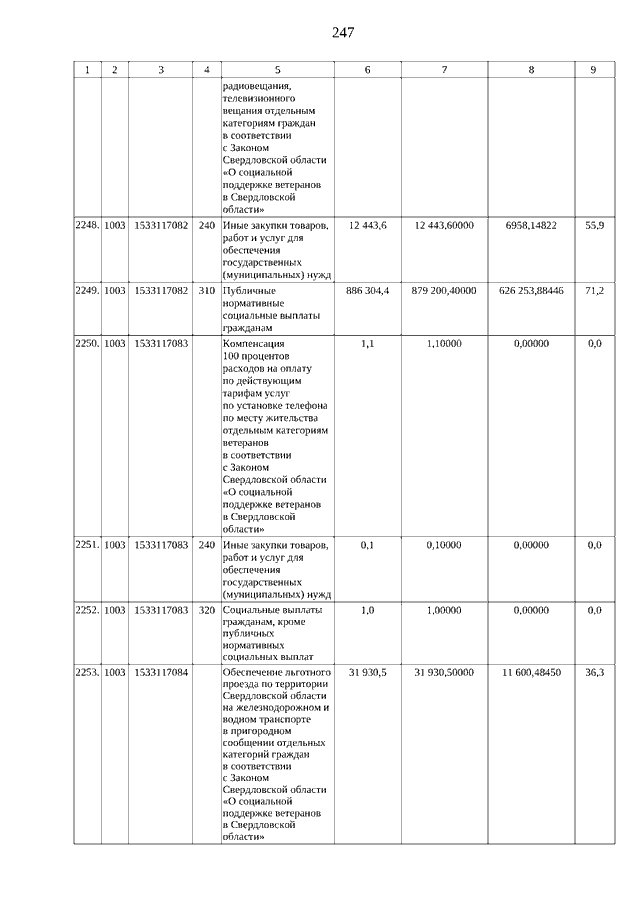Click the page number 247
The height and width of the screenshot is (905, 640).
point(342,33)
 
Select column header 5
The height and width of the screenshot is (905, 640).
point(277,70)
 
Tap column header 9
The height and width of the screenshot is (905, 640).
point(593,70)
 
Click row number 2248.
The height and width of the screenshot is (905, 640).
point(87,227)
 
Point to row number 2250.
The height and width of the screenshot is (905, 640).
point(87,344)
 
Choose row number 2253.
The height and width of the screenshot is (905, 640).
point(87,675)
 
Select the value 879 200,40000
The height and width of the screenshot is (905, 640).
point(444,291)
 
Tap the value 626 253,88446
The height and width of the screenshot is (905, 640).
point(530,291)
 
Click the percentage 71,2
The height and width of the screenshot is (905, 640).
point(594,291)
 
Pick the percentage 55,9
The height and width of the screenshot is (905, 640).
point(594,227)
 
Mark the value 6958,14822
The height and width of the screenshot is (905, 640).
point(530,227)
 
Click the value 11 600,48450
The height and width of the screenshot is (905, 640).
point(530,675)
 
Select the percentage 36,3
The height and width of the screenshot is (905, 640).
point(594,675)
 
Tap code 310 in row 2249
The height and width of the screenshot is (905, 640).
point(206,291)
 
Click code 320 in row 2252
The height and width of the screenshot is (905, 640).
point(206,610)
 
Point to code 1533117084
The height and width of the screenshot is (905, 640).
point(161,675)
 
